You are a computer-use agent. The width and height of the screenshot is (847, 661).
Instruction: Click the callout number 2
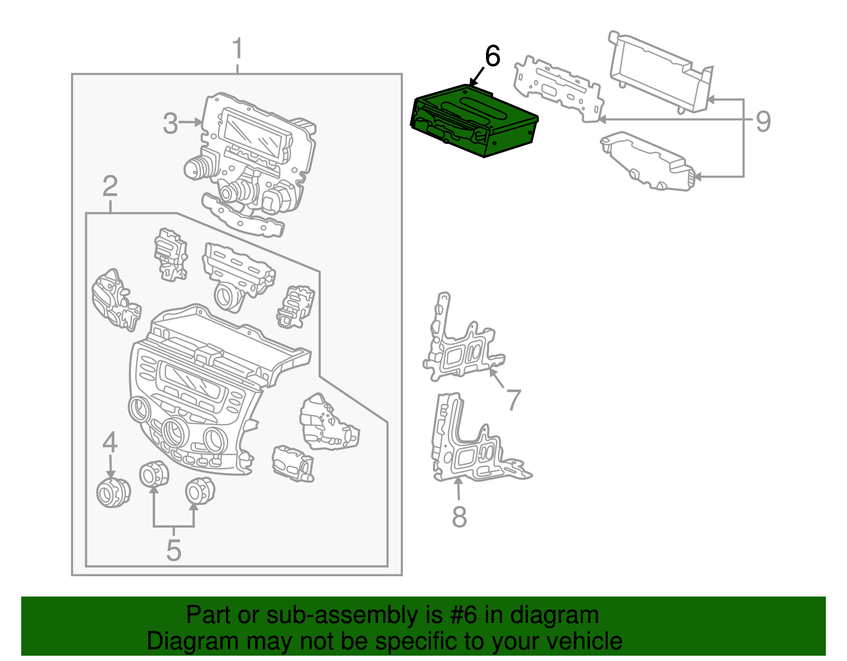[x=110, y=186]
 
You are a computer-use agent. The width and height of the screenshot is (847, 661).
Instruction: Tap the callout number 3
[x=170, y=123]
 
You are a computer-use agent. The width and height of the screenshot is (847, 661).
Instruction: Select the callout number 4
[x=110, y=442]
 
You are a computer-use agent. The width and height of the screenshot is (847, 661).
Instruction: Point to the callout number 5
[x=174, y=550]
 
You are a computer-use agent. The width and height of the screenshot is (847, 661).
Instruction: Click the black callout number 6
[x=492, y=56]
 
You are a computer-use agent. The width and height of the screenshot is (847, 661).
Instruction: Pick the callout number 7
[x=513, y=400]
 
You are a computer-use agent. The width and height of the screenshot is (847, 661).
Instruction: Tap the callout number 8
[x=459, y=517]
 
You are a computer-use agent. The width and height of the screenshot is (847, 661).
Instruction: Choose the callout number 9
[x=763, y=122]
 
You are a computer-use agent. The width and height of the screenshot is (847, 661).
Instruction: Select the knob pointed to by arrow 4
[x=113, y=493]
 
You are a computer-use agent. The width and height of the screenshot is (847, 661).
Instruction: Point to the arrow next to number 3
[x=191, y=123]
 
